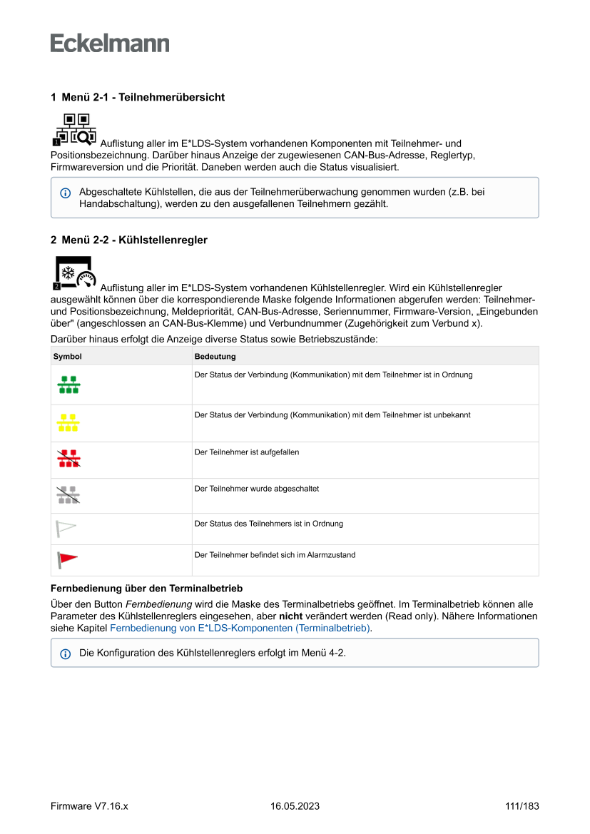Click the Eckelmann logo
[x=110, y=44]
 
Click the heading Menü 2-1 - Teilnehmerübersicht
[x=137, y=97]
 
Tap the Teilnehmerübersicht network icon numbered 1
[x=75, y=129]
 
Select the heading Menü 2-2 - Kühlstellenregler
[x=128, y=240]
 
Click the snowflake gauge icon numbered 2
[x=75, y=273]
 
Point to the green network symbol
[x=68, y=385]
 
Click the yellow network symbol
[x=68, y=422]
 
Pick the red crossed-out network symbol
[x=68, y=459]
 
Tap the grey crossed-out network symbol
[x=68, y=495]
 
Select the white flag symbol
[x=66, y=529]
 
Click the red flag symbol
[x=67, y=560]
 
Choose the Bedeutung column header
[x=215, y=356]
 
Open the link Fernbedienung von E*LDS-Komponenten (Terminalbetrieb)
[x=240, y=628]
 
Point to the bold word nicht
[x=290, y=616]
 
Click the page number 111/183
[x=522, y=806]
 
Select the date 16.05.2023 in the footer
[x=295, y=806]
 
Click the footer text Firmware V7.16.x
[x=89, y=806]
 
